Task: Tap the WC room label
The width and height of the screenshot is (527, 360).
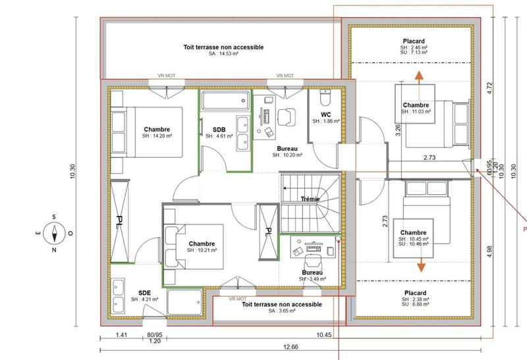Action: [x=325, y=114]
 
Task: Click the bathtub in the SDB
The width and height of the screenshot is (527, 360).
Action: [x=225, y=101]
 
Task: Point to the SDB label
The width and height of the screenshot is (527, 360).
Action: [x=219, y=129]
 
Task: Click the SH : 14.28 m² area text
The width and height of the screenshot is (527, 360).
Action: [x=157, y=136]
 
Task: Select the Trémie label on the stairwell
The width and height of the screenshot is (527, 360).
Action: [x=310, y=199]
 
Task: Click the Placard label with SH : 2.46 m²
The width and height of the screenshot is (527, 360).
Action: [x=414, y=41]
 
